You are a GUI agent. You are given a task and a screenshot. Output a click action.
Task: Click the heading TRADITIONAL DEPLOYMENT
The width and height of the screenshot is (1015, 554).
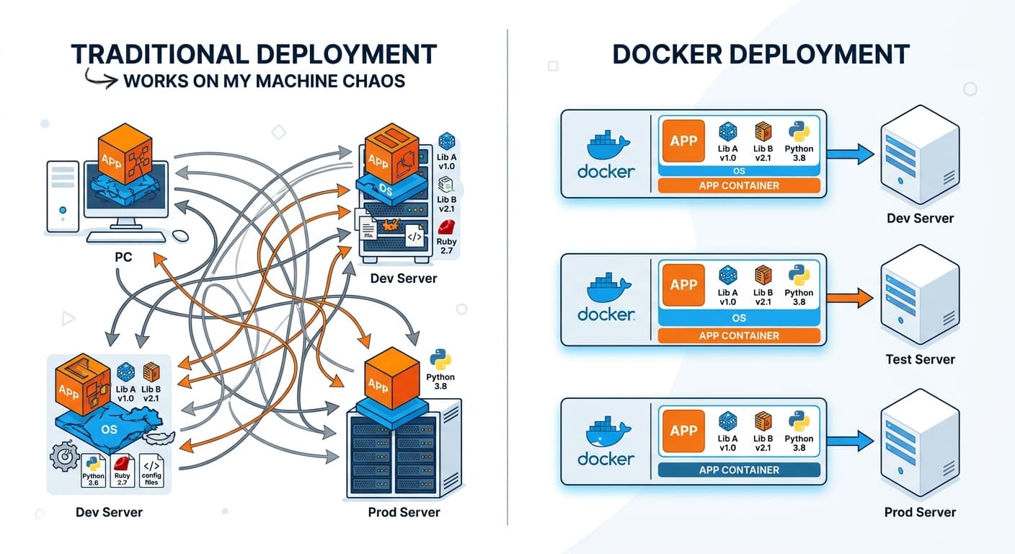click(x=254, y=54)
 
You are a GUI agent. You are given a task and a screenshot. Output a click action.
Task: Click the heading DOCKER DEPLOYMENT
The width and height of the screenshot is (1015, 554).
click(x=761, y=54)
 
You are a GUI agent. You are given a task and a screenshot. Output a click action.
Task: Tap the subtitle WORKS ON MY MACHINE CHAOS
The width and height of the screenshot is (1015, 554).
click(x=264, y=80)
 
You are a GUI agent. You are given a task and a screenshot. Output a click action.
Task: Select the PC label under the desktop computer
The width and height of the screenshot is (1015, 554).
click(x=123, y=256)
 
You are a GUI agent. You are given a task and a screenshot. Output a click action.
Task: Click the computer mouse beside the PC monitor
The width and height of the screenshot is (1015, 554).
click(x=179, y=235)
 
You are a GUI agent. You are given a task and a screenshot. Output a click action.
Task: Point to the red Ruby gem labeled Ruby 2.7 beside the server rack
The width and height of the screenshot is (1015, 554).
click(x=446, y=226)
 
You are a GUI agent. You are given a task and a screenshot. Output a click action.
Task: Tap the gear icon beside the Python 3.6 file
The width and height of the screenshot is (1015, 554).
click(x=63, y=457)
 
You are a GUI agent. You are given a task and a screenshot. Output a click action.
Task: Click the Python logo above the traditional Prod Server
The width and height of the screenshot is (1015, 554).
click(x=440, y=359)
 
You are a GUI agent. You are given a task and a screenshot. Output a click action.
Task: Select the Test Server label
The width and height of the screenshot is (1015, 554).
click(x=920, y=359)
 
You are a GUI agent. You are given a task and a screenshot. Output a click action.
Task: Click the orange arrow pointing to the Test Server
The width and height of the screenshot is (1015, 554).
click(x=850, y=296)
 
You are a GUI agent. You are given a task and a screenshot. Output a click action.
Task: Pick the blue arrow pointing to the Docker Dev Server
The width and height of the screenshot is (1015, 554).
click(x=850, y=153)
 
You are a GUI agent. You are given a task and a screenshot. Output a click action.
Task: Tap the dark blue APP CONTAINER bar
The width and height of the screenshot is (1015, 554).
click(x=739, y=470)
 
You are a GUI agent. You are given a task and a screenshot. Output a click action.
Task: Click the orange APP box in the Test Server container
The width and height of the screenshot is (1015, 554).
click(x=683, y=284)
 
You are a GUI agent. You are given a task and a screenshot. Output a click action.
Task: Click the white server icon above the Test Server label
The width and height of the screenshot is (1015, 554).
click(x=920, y=296)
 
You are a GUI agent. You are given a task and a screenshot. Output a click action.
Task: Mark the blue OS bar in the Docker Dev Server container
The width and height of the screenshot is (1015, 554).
click(x=739, y=172)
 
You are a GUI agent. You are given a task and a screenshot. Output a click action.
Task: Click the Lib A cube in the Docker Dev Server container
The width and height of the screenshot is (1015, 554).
click(x=727, y=131)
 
